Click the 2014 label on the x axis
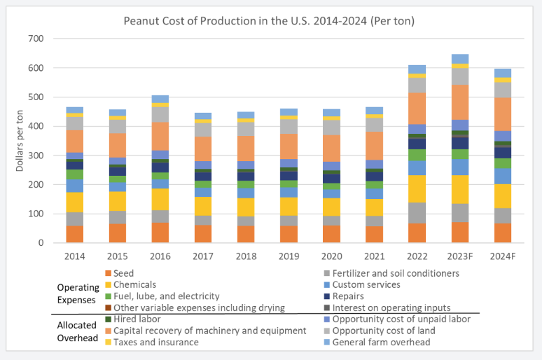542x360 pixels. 75,256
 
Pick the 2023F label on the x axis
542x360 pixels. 461,256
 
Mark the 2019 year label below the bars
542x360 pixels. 289,256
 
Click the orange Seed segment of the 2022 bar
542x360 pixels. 418,233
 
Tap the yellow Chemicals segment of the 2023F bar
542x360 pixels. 461,189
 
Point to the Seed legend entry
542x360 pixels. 125,273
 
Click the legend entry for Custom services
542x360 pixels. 365,284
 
